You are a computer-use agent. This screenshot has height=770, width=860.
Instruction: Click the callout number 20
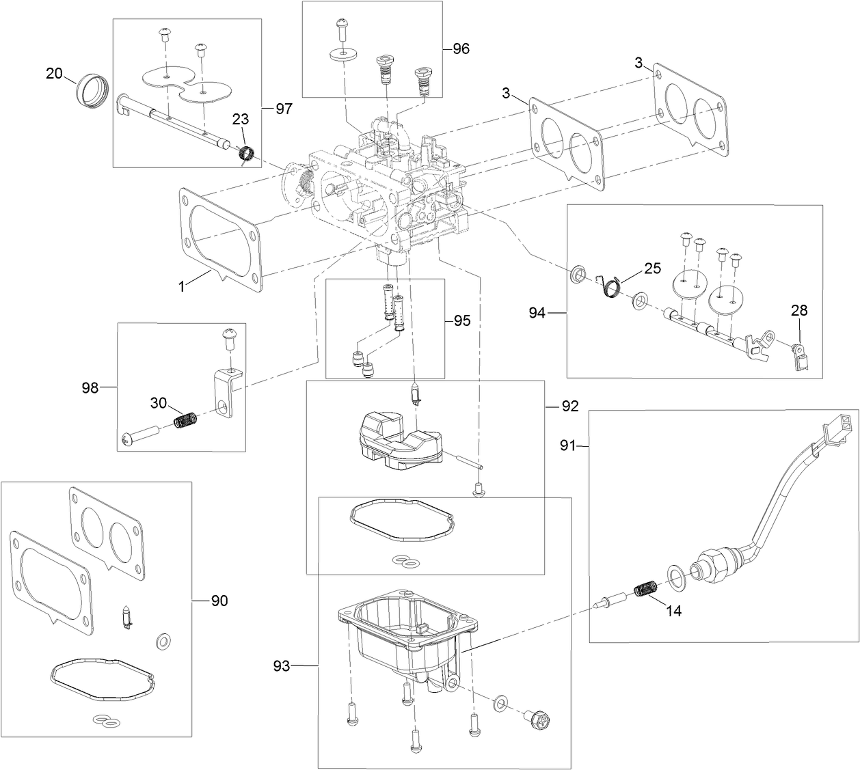tap(54, 73)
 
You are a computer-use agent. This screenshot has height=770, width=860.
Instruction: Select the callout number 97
tap(284, 109)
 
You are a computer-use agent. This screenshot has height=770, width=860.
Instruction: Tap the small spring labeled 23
tap(247, 154)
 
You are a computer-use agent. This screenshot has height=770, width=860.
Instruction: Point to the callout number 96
tap(461, 49)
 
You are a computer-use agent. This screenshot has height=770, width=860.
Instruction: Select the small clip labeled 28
tap(799, 356)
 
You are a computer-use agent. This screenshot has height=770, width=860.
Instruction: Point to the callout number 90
tap(219, 601)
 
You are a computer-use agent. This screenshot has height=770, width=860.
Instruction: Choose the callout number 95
tap(462, 320)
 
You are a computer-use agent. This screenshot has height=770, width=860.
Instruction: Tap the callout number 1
tap(182, 288)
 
